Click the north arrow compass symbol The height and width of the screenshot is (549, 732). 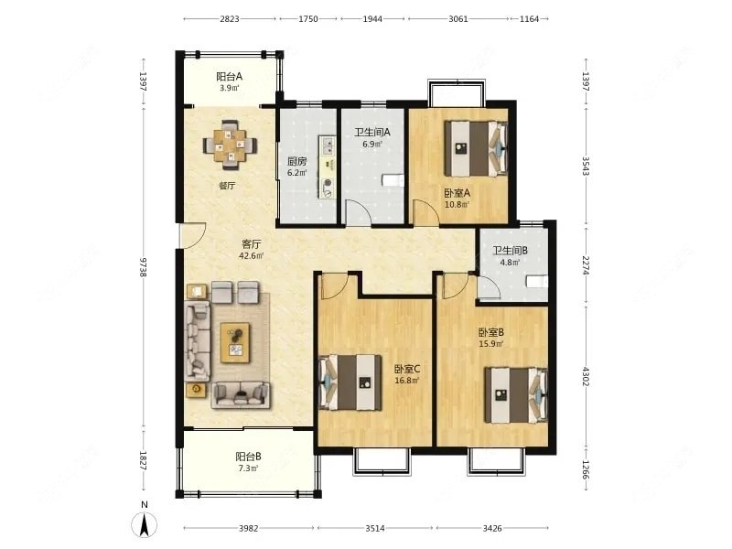point(145,523)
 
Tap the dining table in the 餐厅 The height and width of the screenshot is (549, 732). point(230,145)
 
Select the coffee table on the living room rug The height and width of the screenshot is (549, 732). point(235,342)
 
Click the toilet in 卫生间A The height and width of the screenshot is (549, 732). point(393,179)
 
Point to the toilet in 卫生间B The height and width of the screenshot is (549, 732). point(537,282)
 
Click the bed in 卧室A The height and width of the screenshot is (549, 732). point(476,148)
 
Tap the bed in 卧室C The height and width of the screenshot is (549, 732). point(350,382)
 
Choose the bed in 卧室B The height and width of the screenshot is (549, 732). point(516,395)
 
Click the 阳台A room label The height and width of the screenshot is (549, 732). point(230,77)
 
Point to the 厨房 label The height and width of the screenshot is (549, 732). point(296,162)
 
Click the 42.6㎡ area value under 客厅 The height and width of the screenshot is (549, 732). point(251,256)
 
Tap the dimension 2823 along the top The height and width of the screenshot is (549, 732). point(230,18)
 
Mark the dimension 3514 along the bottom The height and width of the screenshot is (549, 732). point(375,528)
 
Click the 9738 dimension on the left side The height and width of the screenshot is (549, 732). point(144,267)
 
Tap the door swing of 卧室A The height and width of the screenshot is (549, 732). point(425,212)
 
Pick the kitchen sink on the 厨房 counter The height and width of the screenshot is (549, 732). point(327,145)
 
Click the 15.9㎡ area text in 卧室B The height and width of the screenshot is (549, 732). point(491,344)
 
